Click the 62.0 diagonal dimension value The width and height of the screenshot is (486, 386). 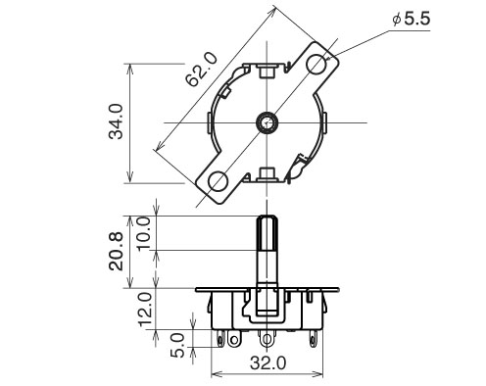(201, 70)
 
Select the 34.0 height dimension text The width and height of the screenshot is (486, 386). (116, 121)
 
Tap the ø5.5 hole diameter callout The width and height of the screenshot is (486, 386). (412, 19)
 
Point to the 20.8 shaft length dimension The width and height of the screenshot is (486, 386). (116, 251)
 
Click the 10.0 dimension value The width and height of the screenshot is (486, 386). (144, 233)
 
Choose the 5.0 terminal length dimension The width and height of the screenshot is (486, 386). (177, 345)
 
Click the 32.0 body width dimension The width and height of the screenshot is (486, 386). (267, 362)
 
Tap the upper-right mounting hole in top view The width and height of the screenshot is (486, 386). (316, 63)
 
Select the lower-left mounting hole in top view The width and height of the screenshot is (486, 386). (219, 181)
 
